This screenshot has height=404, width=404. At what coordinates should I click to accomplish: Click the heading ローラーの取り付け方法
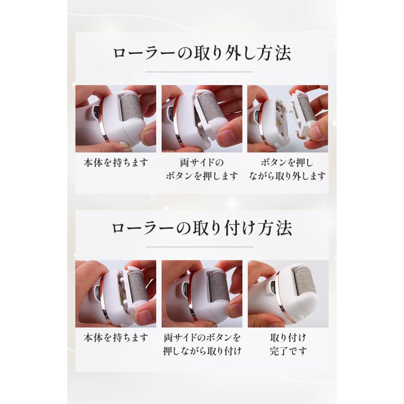coord(202,228)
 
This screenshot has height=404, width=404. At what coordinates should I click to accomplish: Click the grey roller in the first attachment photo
coord(137,287)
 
